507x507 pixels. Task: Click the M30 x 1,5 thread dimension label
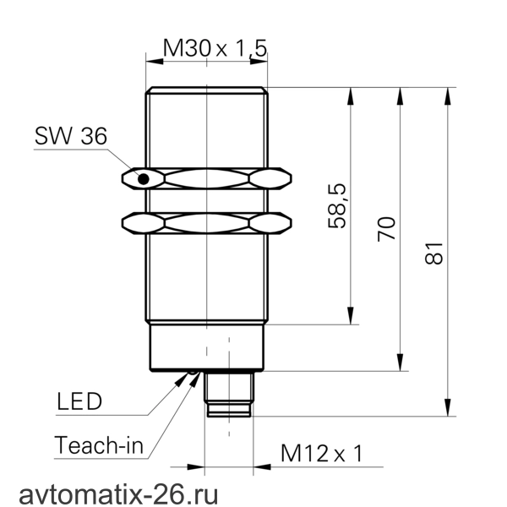coord(215,48)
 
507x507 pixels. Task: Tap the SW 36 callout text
coord(71,136)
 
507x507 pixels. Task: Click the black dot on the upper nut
coord(144,179)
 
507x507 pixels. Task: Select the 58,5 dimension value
coord(337,206)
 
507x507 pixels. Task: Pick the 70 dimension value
coord(386,229)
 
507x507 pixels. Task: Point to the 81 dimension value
coord(434,253)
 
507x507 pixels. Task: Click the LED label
coord(79,401)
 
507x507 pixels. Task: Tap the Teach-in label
coord(99,445)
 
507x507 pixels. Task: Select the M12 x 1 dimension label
coord(322,453)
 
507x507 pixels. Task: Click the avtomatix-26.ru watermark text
coord(118,494)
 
